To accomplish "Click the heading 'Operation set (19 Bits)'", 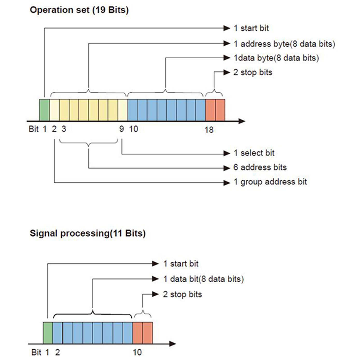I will coord(79,10).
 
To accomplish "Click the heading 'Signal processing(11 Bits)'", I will coord(87,233).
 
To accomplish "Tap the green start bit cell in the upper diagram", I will coord(44,110).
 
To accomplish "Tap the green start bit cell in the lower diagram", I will coord(48,333).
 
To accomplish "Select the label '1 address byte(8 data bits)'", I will coord(284,44).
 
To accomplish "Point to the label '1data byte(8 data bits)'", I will coord(276,58).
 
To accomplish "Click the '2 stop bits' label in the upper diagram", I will coord(253,72).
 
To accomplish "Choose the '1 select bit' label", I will coord(254,153).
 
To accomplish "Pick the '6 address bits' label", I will coord(260,167).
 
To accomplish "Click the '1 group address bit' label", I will coord(270,182).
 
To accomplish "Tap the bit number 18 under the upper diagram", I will coord(209,129).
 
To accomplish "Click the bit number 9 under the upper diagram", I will coord(121,129).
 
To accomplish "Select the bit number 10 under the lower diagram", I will coord(137,352).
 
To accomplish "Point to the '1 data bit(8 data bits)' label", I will coord(204,279).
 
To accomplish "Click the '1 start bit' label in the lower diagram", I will coord(181,264).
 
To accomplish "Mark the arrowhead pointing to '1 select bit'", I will coord(227,153).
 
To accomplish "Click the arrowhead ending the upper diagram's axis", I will coord(242,121).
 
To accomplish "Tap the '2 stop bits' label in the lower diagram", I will coord(182,294).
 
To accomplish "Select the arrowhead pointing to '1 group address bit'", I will coord(227,183).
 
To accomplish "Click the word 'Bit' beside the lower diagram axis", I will coord(36,352).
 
